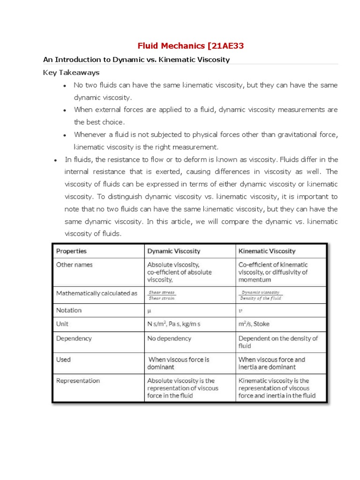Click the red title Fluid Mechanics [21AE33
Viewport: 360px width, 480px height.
point(190,45)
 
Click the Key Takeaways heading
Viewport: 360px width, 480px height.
point(71,73)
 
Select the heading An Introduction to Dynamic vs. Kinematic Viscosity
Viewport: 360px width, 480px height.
point(136,60)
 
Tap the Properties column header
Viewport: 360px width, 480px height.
point(71,251)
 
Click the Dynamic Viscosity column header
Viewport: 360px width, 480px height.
point(173,251)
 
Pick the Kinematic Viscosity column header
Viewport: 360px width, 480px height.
point(267,251)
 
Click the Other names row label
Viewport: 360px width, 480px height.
point(75,265)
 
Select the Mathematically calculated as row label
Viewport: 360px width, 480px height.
point(97,293)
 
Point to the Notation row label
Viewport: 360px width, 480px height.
point(69,310)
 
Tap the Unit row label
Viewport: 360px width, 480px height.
point(62,324)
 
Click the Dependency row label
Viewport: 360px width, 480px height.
point(74,338)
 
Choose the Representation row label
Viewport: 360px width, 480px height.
point(78,381)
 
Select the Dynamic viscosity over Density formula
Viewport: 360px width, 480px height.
point(261,295)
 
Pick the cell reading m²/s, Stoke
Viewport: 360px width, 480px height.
point(254,324)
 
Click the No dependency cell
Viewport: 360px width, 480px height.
point(169,338)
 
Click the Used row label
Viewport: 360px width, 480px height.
point(63,360)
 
